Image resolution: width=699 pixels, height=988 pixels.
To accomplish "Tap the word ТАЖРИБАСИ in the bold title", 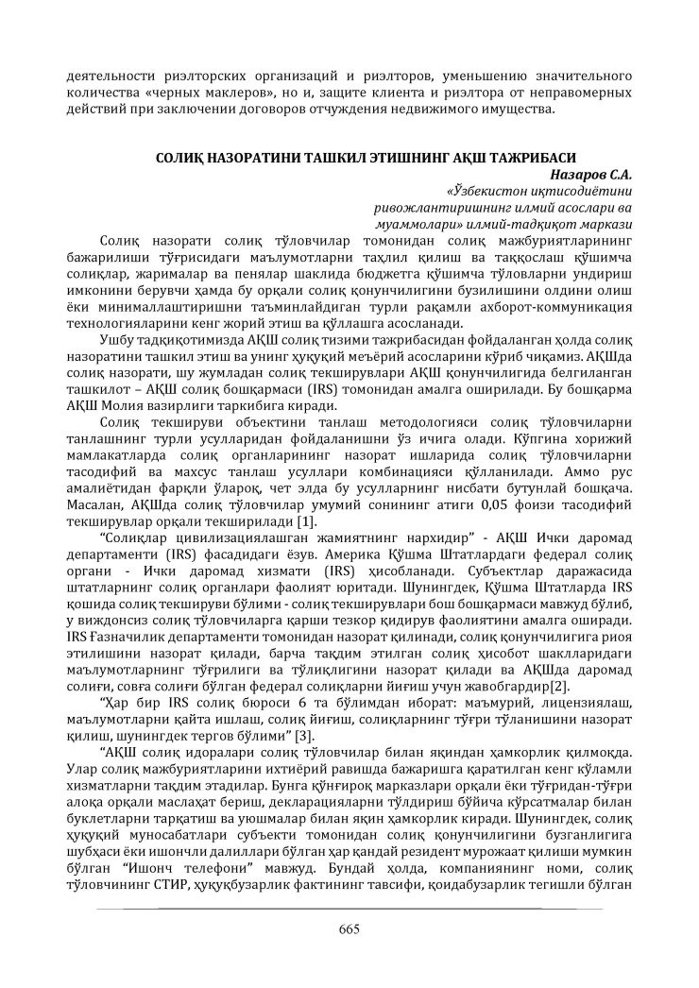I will pos(525,156).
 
